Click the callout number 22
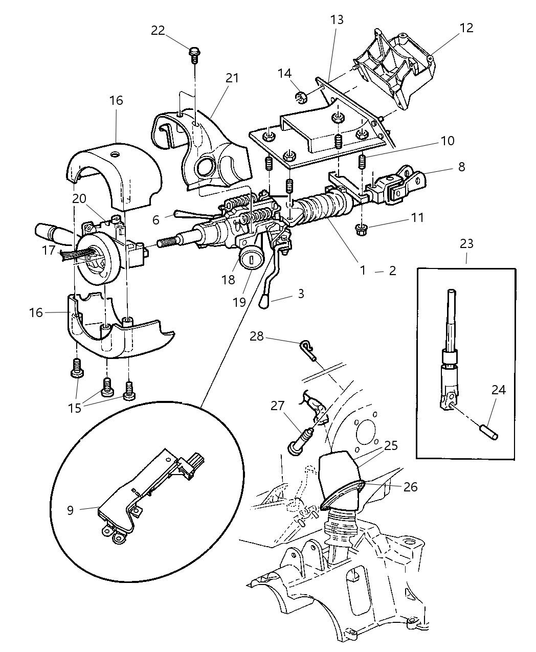pos(158,31)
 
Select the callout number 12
pos(466,28)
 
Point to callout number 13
pos(337,20)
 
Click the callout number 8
pos(461,167)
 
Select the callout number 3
pos(301,294)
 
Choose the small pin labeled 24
pos(491,426)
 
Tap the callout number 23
pos(466,244)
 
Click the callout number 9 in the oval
pos(70,510)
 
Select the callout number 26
pos(410,487)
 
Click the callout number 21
pos(232,78)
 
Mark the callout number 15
pos(75,408)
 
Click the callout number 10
pos(447,141)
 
